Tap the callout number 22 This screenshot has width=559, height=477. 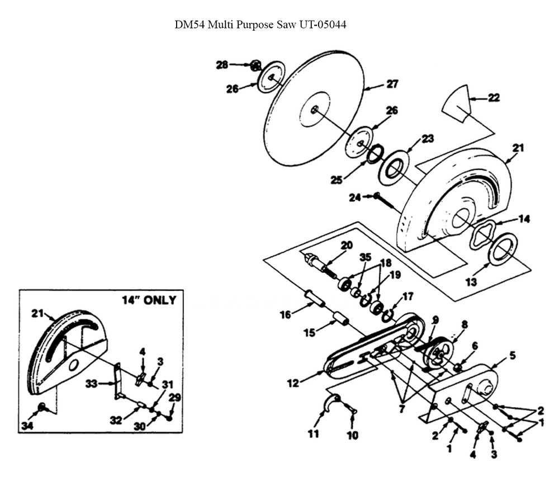(x=494, y=97)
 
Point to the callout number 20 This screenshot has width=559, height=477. (x=347, y=244)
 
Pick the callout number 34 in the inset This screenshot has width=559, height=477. (x=26, y=427)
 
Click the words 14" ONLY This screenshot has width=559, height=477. (x=149, y=300)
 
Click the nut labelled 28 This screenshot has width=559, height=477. (x=255, y=66)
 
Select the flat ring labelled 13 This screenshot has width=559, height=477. (x=503, y=247)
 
